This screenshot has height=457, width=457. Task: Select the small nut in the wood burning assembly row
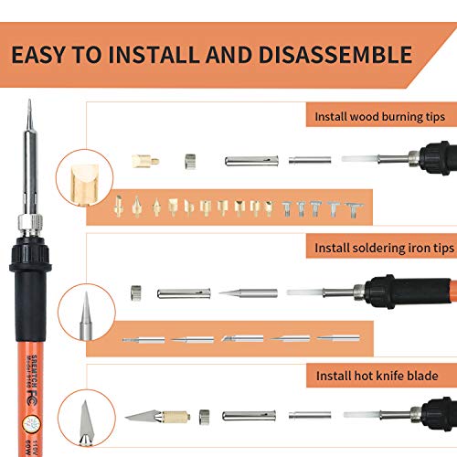click(190, 160)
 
